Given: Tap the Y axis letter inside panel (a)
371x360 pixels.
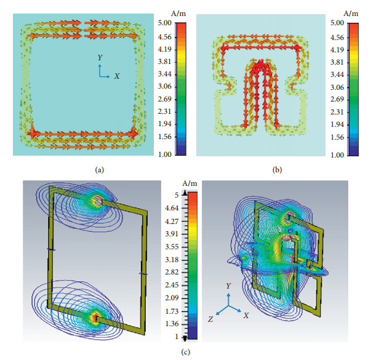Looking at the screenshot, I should pyautogui.click(x=100, y=57).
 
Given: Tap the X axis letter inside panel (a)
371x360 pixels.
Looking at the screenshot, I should pyautogui.click(x=116, y=76).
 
